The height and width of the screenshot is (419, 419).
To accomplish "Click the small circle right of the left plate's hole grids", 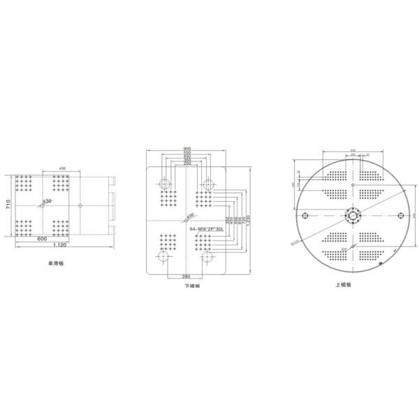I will click(x=81, y=205).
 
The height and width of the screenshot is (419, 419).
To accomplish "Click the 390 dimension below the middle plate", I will click(x=186, y=277).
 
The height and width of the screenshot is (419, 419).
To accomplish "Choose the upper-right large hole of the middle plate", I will click(x=207, y=184).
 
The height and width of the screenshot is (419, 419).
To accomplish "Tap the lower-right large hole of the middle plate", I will click(x=207, y=256).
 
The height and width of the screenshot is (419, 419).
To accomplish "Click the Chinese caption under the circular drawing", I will click(x=351, y=285).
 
